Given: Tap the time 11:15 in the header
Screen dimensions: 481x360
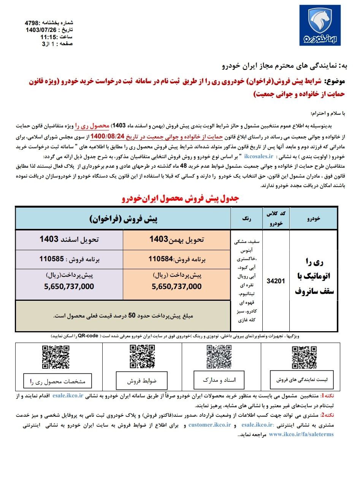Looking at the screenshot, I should pyautogui.click(x=48, y=37).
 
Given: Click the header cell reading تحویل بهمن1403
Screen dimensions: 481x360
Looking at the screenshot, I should pyautogui.click(x=176, y=239).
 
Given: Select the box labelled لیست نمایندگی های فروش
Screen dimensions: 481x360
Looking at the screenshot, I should pyautogui.click(x=304, y=380).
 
